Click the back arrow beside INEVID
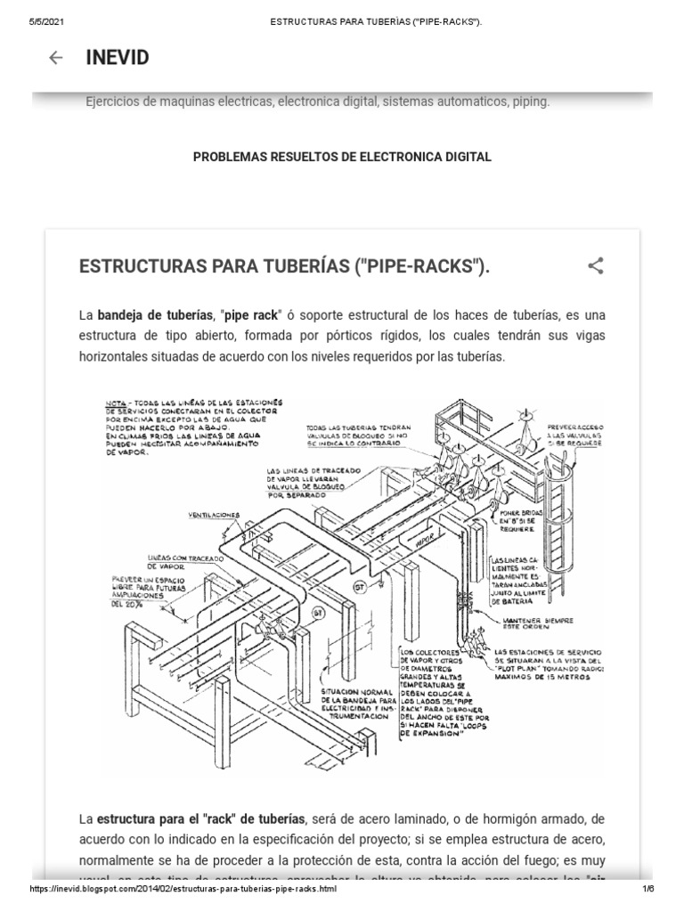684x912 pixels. click(x=56, y=58)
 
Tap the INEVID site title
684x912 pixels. click(x=117, y=58)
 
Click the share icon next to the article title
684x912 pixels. click(x=596, y=265)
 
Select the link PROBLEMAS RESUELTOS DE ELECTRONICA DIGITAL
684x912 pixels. click(x=342, y=157)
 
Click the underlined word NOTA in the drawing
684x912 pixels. click(x=117, y=401)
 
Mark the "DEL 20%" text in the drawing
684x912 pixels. click(x=129, y=603)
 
